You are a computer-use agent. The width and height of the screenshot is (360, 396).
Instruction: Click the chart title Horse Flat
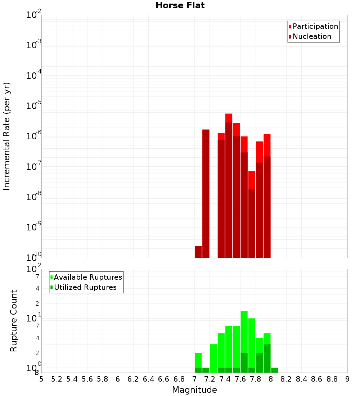[180, 6]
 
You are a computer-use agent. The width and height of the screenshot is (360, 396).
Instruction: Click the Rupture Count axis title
[14, 321]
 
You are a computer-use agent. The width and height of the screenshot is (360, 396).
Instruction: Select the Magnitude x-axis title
[194, 390]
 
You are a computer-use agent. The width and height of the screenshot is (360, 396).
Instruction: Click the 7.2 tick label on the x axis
[210, 379]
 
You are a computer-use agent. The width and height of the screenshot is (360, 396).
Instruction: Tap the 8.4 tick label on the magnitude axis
[301, 379]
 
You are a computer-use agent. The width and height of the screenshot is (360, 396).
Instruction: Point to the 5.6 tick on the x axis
[87, 379]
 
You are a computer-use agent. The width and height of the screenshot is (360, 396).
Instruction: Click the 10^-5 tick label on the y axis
[34, 106]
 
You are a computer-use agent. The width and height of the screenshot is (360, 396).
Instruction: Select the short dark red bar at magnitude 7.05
[198, 252]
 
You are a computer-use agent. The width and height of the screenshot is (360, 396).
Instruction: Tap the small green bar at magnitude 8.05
[275, 370]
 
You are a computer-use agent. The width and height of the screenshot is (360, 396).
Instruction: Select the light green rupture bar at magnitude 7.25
[213, 358]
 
